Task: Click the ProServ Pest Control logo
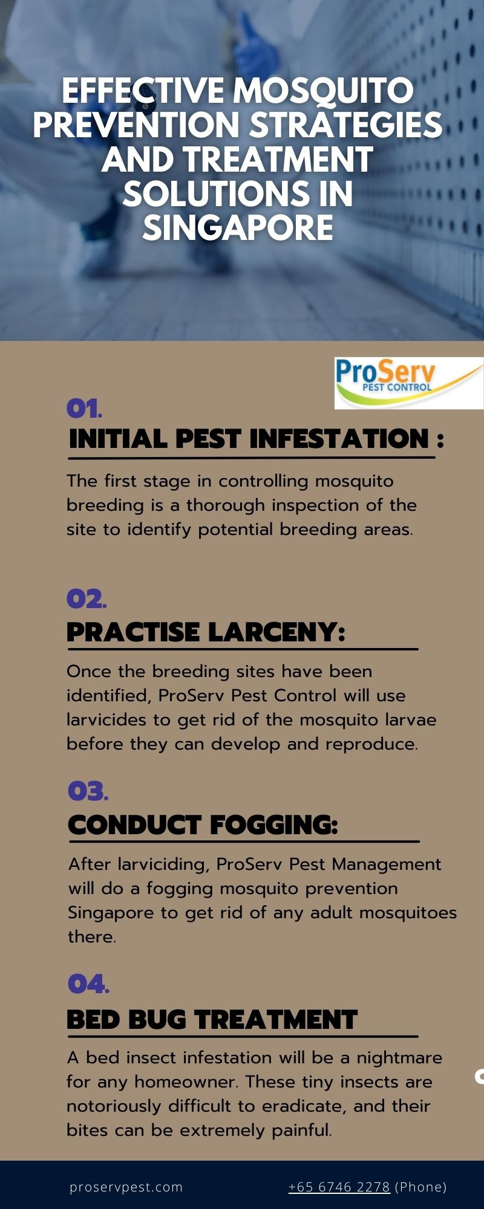(x=409, y=383)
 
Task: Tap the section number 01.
(x=84, y=409)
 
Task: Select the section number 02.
(x=86, y=599)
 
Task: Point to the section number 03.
(x=88, y=791)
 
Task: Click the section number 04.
(x=88, y=984)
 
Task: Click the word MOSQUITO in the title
(x=323, y=92)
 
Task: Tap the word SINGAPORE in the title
(x=238, y=228)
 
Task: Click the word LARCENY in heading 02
(x=276, y=632)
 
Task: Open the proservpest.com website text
(x=126, y=1187)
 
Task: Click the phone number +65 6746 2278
(x=339, y=1187)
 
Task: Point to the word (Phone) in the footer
(x=420, y=1187)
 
